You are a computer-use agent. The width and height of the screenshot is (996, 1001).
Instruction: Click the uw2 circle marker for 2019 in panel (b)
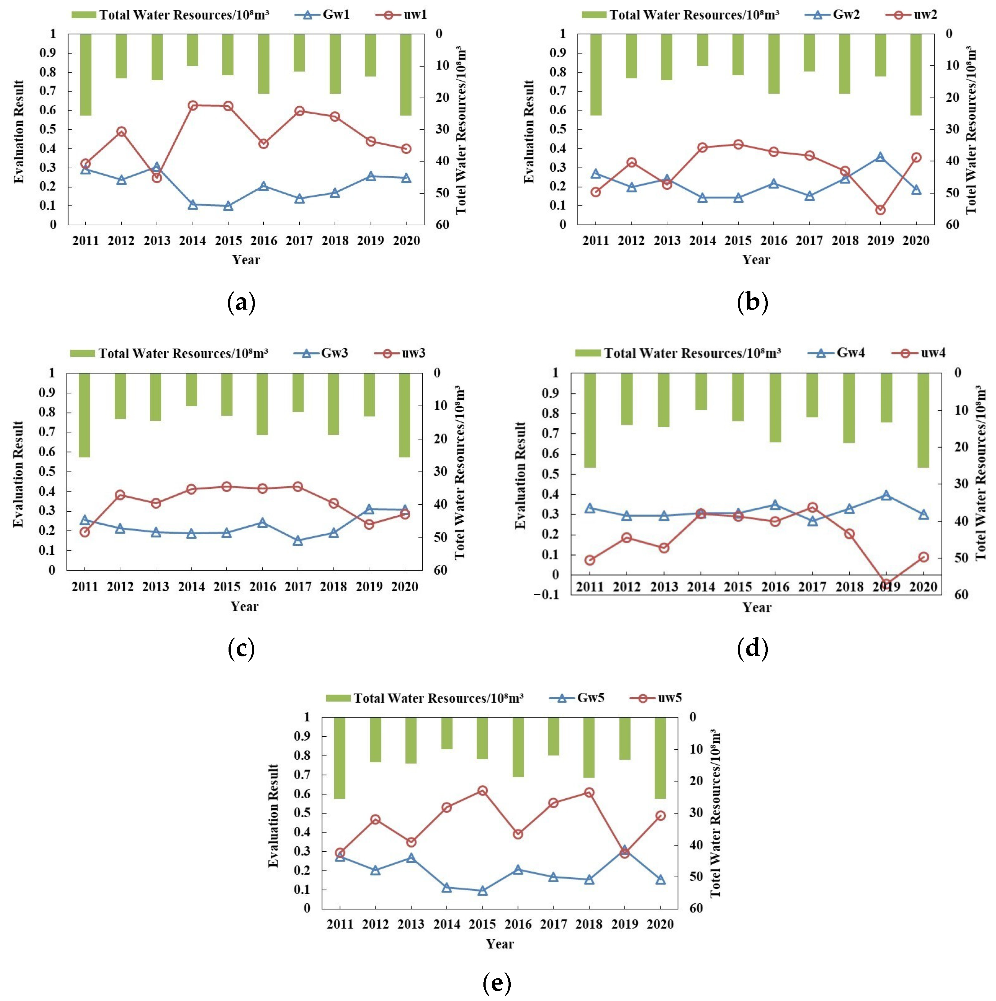[880, 210]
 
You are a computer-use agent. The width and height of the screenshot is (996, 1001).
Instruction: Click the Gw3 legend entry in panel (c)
[322, 353]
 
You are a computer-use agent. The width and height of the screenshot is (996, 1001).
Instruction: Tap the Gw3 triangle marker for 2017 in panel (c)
[298, 540]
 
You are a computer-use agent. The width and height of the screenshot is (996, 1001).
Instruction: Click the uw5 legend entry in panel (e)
[657, 698]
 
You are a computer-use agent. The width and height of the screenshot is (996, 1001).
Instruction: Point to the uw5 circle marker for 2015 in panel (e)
[482, 791]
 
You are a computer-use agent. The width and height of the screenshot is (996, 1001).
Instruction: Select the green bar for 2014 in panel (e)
[447, 733]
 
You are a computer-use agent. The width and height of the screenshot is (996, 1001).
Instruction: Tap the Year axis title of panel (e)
[500, 944]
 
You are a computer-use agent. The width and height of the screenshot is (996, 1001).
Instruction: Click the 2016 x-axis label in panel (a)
[264, 241]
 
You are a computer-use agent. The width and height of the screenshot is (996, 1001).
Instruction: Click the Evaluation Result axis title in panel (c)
[19, 474]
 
